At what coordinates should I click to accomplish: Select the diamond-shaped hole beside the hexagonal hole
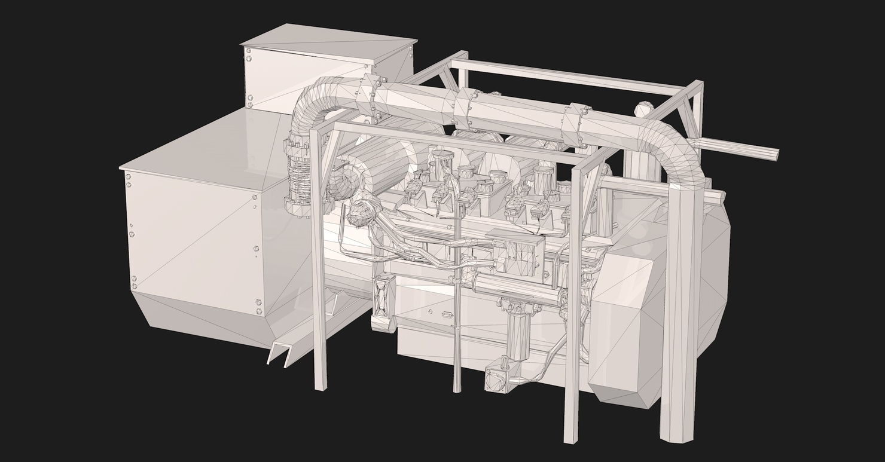(x=430, y=311)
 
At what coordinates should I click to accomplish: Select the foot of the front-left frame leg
(x=321, y=385)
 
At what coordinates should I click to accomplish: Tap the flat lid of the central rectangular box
(x=514, y=236)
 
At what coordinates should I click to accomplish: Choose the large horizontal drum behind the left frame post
(x=383, y=161)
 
